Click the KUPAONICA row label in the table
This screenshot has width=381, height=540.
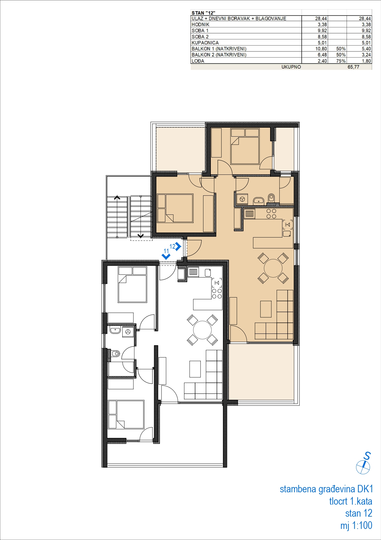click(205, 43)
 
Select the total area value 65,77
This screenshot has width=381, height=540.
click(353, 67)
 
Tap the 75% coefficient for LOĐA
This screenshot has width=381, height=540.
click(341, 61)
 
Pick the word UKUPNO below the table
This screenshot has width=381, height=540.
click(291, 67)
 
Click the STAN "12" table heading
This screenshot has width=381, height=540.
click(203, 13)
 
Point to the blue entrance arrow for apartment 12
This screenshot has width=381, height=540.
click(178, 247)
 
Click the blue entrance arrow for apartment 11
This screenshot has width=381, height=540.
click(166, 256)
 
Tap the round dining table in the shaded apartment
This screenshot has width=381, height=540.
click(273, 268)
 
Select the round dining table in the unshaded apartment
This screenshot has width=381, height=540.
click(202, 330)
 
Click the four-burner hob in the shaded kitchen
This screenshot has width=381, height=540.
click(271, 214)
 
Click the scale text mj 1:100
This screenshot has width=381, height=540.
click(356, 526)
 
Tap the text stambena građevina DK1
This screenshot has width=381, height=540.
click(326, 489)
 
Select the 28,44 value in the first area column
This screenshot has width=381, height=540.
click(321, 18)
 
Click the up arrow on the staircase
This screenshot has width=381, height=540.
click(117, 198)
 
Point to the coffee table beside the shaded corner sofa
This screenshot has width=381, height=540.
click(266, 309)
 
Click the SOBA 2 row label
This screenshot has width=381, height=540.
click(200, 37)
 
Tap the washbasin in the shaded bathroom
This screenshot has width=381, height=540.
click(259, 201)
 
